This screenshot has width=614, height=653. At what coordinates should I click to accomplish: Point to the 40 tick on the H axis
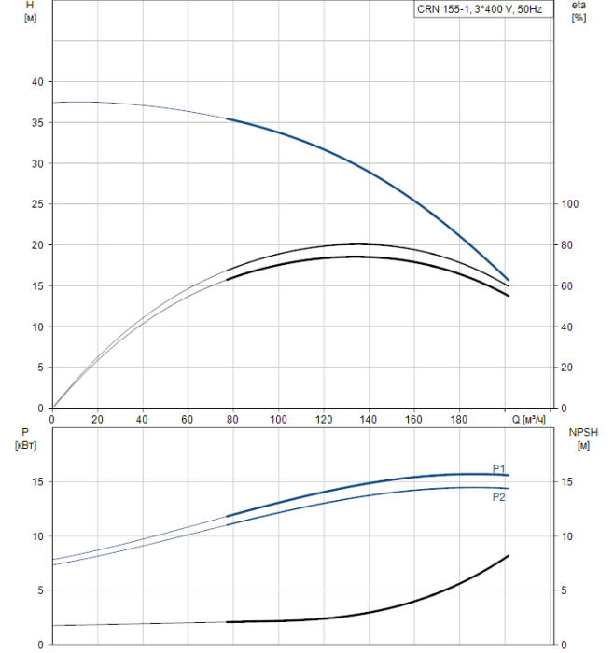(38, 82)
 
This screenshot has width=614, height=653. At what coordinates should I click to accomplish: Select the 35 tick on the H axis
(38, 123)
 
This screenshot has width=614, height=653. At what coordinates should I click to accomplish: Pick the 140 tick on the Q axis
(369, 420)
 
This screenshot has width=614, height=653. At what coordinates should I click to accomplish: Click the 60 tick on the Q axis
(188, 420)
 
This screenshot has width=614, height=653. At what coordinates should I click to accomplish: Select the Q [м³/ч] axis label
(529, 420)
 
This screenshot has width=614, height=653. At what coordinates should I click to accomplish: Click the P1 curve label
(499, 469)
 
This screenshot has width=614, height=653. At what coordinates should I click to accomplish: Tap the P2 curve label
(499, 497)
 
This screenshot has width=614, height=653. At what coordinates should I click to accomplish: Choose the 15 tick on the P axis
(38, 482)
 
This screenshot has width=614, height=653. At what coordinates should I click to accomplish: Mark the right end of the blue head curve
(509, 279)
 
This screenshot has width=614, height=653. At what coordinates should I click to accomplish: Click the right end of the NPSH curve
(509, 556)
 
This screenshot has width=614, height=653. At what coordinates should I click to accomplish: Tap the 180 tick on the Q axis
(459, 420)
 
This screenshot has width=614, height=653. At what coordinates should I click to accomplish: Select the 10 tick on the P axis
(38, 536)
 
